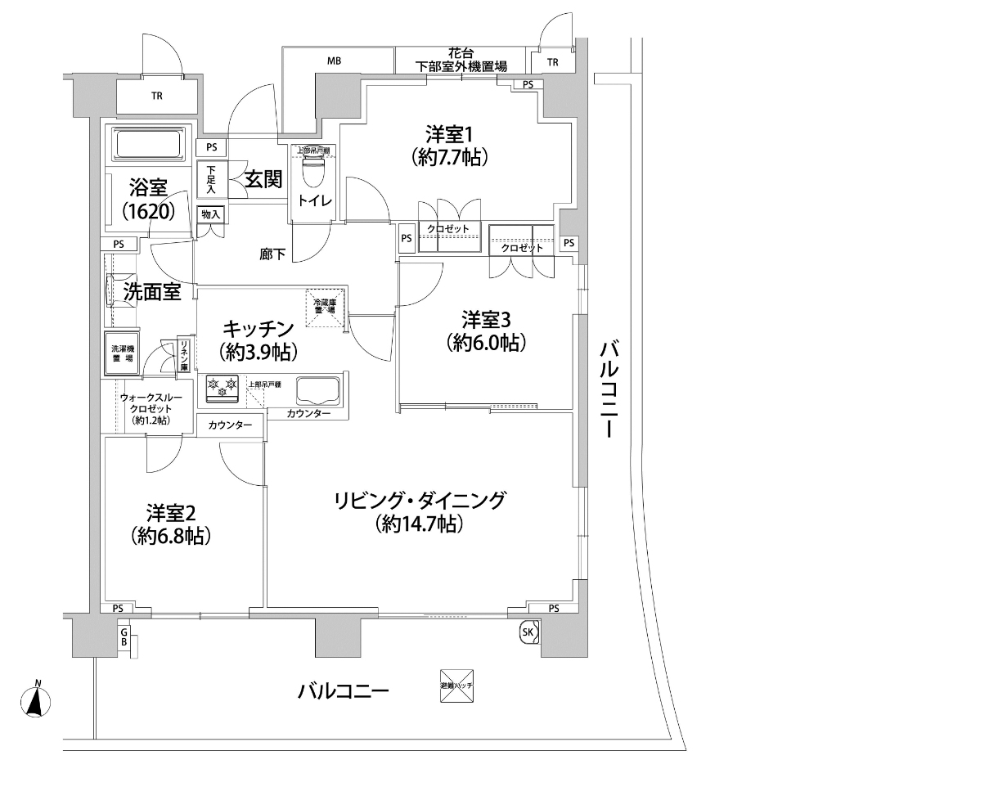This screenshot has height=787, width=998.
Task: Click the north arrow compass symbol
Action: (35, 701)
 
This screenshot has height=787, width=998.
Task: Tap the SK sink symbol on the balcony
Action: (528, 632)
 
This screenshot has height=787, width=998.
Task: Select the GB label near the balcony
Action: (124, 637)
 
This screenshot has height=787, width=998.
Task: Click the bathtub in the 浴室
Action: (148, 146)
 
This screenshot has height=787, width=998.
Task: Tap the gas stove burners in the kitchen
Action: (222, 389)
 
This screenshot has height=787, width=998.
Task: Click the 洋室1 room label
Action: (451, 144)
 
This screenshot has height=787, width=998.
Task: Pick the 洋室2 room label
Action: (172, 524)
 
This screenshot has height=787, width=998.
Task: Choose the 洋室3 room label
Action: (486, 330)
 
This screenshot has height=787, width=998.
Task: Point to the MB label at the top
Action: (334, 61)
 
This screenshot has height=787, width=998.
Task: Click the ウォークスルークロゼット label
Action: (145, 408)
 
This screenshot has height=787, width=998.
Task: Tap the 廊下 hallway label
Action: (272, 254)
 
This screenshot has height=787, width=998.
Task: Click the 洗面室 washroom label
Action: (151, 291)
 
